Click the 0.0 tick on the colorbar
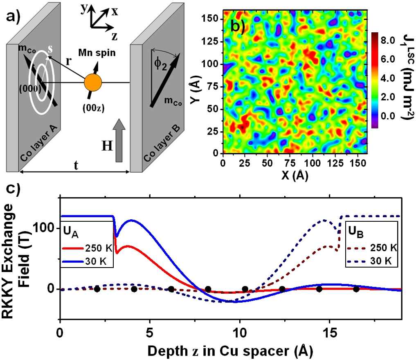[x=387, y=117]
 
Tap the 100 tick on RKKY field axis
[x=47, y=227]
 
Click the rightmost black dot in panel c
[x=356, y=289]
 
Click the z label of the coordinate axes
[x=115, y=36]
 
